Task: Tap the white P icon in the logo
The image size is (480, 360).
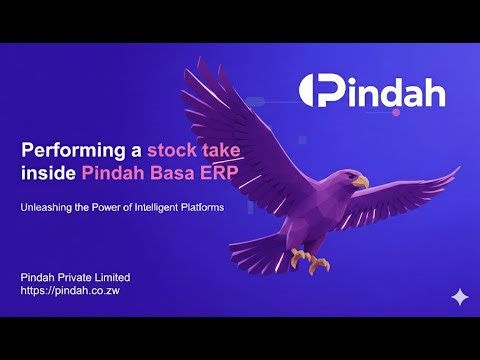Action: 319,93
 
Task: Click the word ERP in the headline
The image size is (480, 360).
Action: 217,172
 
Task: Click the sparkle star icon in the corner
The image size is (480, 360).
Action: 459,296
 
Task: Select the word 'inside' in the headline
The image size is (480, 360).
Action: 43,172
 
